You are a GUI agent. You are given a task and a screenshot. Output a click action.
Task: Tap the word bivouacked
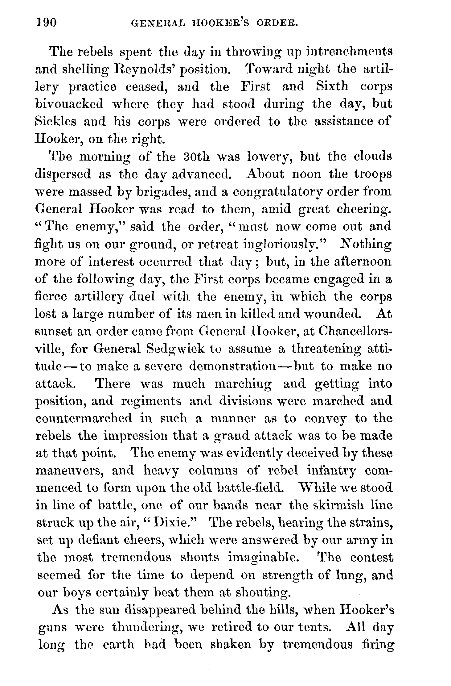(x=69, y=104)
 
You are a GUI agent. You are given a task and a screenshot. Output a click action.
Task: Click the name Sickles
(x=55, y=121)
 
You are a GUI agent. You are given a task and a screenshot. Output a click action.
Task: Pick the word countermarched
(x=84, y=418)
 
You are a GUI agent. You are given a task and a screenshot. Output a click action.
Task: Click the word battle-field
(x=249, y=488)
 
